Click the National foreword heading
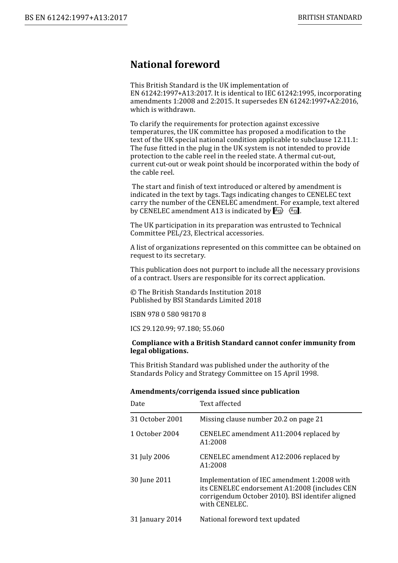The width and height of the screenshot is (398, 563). click(175, 65)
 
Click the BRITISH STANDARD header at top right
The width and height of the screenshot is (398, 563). click(330, 18)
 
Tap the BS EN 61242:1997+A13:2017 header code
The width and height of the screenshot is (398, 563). click(76, 18)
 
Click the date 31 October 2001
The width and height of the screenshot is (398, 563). click(156, 419)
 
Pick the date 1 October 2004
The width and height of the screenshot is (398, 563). click(155, 434)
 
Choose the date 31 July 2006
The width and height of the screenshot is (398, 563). click(150, 457)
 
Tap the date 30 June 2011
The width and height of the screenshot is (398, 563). click(151, 480)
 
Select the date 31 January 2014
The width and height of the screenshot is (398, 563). click(156, 519)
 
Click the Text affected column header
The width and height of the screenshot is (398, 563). click(220, 404)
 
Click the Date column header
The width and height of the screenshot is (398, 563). click(137, 404)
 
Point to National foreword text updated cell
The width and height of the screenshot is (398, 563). click(250, 519)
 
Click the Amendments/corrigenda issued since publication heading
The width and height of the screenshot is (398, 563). click(215, 391)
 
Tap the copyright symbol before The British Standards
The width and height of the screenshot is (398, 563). click(133, 292)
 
